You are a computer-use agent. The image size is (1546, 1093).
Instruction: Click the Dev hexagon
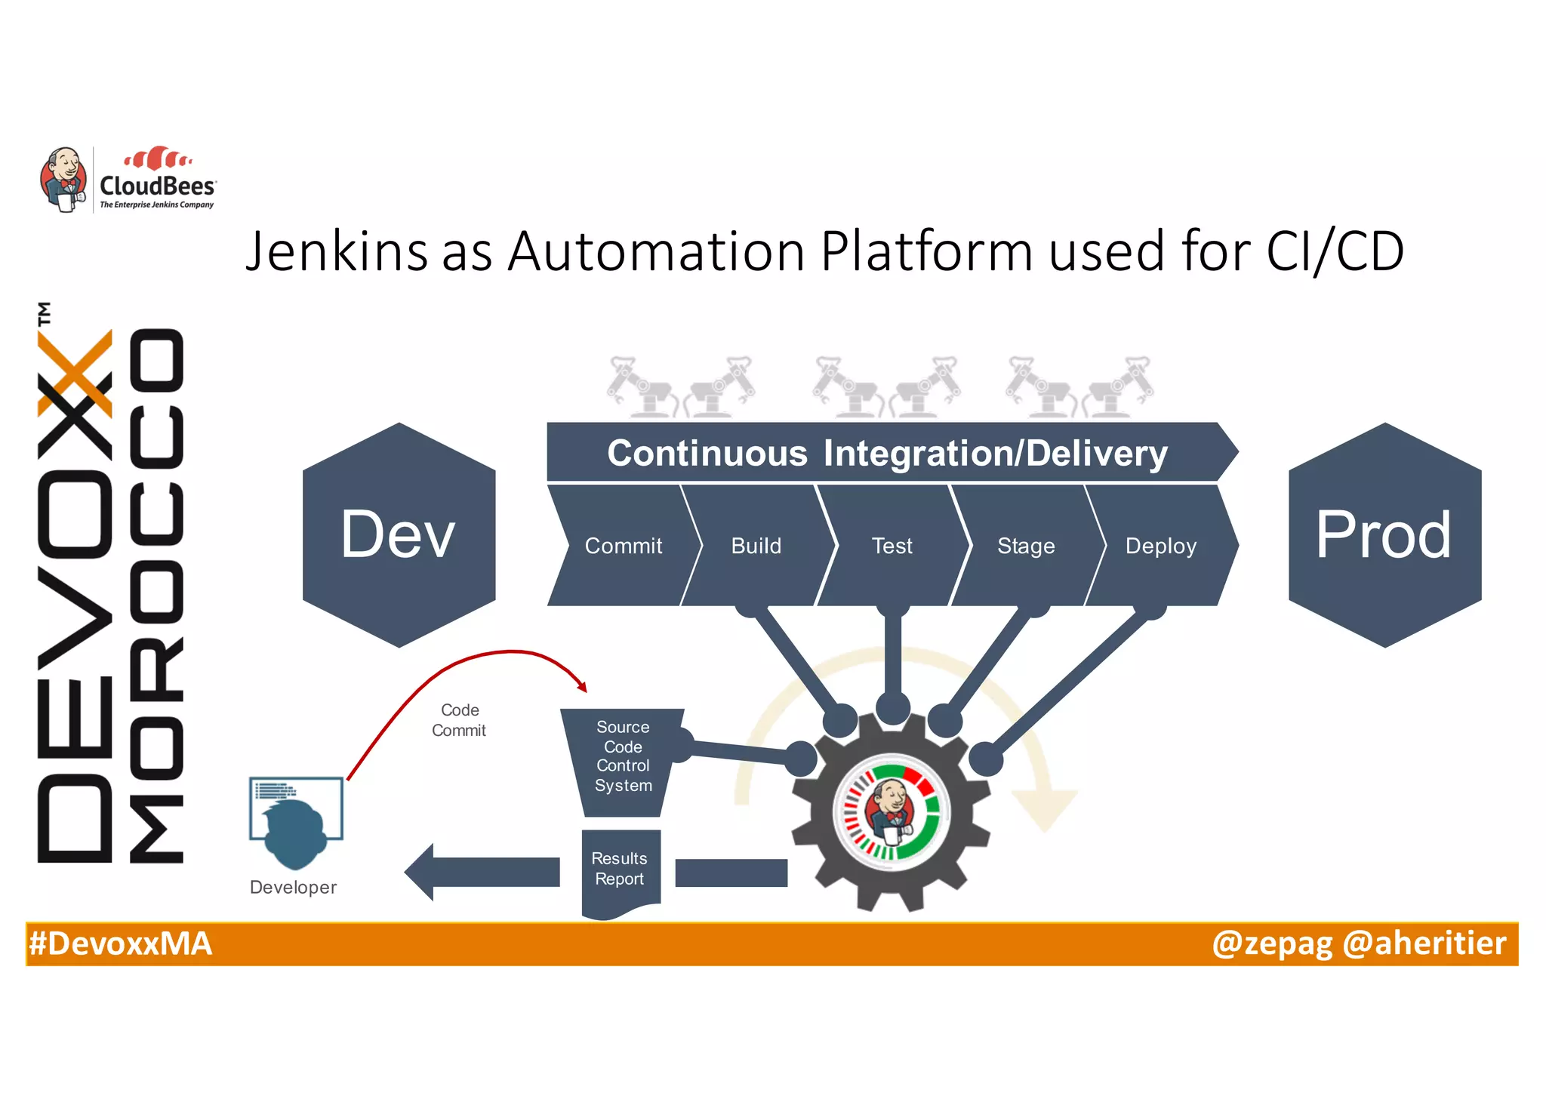coord(399,534)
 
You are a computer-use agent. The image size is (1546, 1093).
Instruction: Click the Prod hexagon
coord(1384,534)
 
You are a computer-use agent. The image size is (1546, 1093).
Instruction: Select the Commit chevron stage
coord(623,546)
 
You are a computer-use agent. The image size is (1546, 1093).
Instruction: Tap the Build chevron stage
coord(756,546)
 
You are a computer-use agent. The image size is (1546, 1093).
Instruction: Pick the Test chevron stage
coord(892,546)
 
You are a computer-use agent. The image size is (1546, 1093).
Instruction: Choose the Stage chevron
coord(1025,546)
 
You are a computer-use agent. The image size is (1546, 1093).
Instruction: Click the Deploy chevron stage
coord(1160,546)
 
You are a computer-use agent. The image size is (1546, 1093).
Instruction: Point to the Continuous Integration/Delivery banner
coord(887,453)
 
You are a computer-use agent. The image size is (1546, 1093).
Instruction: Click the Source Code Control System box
coord(623,757)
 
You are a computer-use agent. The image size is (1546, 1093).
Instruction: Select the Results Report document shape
coord(620,870)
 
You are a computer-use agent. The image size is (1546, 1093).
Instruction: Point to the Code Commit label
coord(459,720)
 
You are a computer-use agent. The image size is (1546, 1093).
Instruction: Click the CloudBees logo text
coord(158,186)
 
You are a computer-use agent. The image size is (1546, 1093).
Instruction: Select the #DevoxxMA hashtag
coord(120,944)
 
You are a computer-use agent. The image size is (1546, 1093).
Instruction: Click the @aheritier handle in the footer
coord(1424,944)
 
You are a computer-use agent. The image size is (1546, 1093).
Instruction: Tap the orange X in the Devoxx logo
coord(76,374)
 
